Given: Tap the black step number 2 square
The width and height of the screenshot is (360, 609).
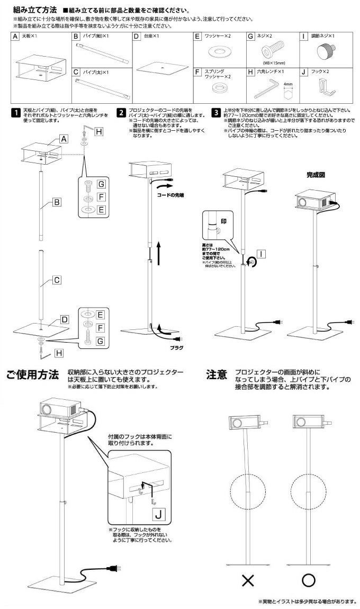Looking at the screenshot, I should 122,112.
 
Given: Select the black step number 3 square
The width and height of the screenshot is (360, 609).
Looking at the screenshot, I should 216,112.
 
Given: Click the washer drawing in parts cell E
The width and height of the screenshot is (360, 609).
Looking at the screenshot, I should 218,51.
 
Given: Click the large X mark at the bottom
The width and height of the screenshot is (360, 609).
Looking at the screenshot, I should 247,581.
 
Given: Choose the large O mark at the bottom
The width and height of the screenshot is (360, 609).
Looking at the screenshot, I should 309,581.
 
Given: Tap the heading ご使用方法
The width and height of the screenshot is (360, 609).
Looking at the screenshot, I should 32,375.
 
